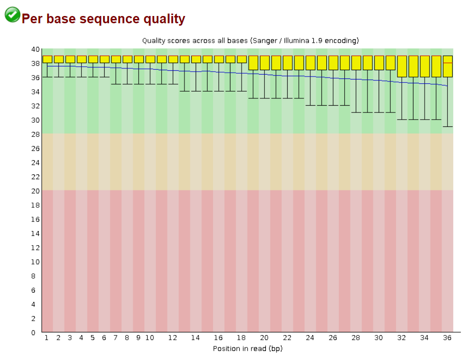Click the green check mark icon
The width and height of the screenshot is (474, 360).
(12, 15)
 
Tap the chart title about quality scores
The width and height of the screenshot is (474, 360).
(250, 41)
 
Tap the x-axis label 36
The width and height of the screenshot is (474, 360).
(447, 338)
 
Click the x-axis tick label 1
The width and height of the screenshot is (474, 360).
(47, 338)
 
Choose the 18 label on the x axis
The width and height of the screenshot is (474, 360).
(242, 338)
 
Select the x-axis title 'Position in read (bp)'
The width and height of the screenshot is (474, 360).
(247, 348)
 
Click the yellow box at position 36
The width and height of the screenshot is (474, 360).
(447, 66)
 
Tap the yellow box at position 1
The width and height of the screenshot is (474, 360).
(47, 59)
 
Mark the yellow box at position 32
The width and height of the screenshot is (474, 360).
(402, 66)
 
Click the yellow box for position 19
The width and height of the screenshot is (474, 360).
(253, 63)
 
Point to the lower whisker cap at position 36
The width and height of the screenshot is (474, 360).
(447, 127)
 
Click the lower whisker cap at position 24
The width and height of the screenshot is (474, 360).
(310, 106)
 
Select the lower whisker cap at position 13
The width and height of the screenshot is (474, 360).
(184, 92)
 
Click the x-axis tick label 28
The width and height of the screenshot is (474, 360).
(356, 338)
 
